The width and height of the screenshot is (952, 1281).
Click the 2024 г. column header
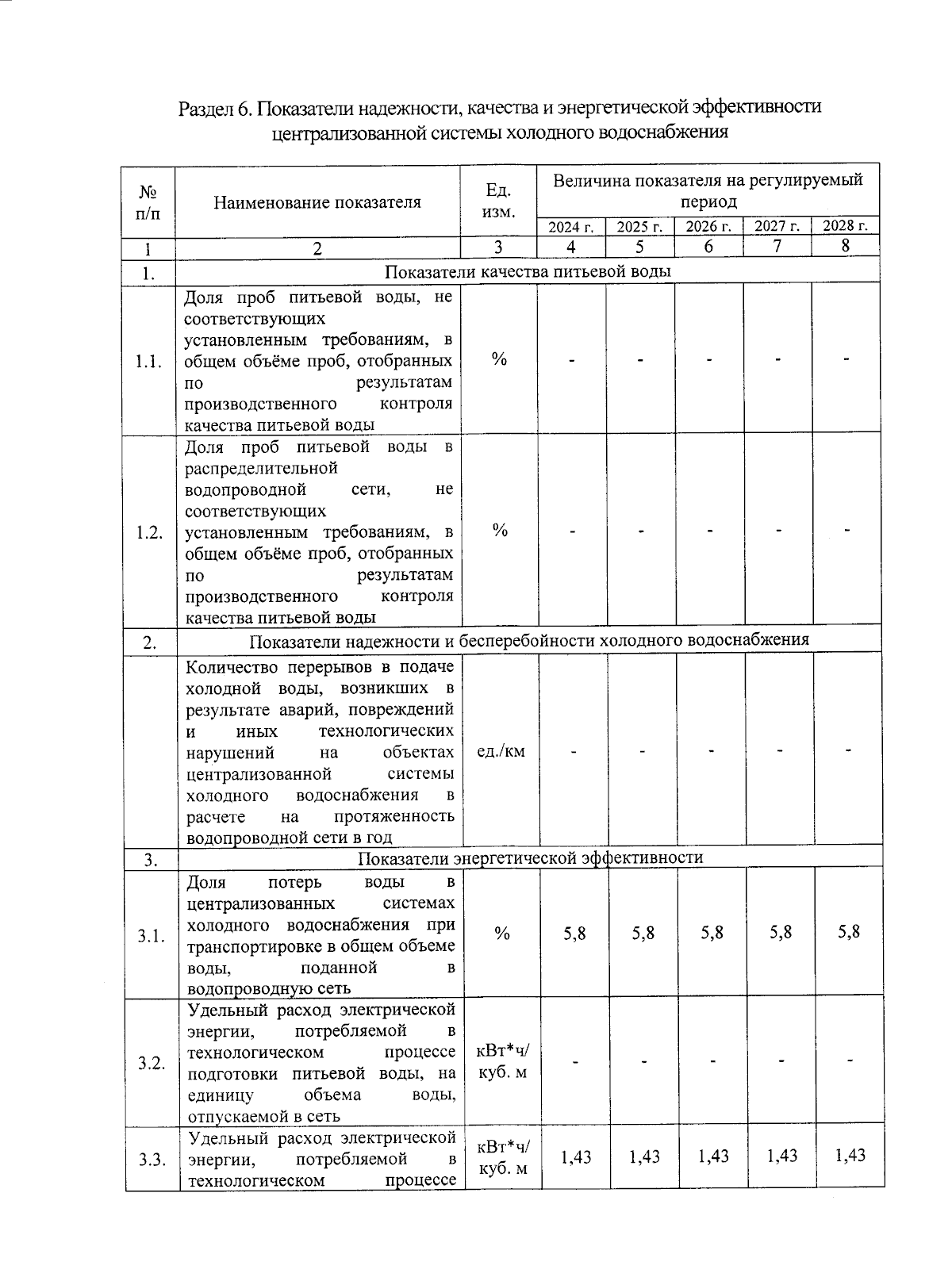coord(571,227)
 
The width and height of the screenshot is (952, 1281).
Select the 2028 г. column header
coord(846,226)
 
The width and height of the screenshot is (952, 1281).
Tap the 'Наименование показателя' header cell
coord(317,202)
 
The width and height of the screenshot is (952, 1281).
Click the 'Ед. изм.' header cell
coord(498,201)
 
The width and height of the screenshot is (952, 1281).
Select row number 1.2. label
coord(149,532)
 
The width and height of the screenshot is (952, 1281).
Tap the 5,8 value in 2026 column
coord(712,933)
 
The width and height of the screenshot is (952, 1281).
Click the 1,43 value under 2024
coord(575,1156)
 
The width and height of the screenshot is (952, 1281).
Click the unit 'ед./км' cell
coord(501,750)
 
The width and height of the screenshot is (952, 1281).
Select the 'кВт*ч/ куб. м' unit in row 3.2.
coord(502,1061)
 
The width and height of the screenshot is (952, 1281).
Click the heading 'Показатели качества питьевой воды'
coord(528,272)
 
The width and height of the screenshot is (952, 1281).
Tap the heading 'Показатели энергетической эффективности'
coord(530,858)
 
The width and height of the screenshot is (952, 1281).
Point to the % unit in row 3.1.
coord(501,934)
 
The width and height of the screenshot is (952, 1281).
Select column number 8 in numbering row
coord(846,246)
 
